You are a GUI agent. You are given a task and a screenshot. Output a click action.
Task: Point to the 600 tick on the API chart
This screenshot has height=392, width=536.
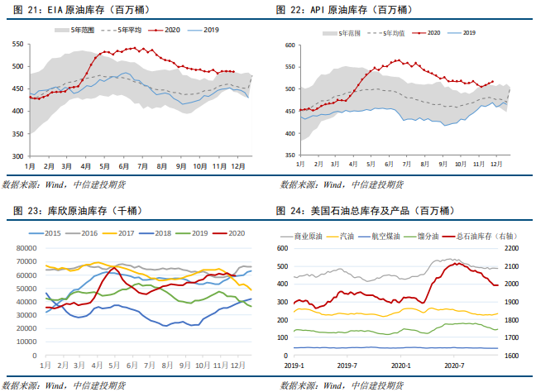[289, 45]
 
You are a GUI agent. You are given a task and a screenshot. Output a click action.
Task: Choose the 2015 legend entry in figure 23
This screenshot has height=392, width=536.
[55, 234]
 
